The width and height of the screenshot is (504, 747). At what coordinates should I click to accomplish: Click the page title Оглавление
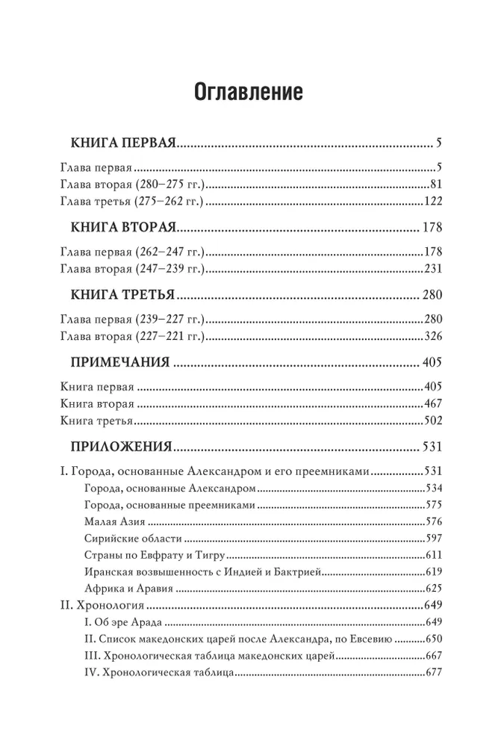coord(248,93)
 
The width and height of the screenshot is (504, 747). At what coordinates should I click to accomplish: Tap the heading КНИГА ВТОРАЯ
coord(122,226)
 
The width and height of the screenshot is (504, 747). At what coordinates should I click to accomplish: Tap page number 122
coord(433,202)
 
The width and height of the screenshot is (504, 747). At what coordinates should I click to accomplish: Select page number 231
coord(433,268)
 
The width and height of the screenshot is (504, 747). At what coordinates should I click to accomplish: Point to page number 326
coord(433,335)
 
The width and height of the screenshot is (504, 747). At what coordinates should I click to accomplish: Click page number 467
coord(433,404)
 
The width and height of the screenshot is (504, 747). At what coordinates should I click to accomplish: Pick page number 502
coord(433,421)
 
